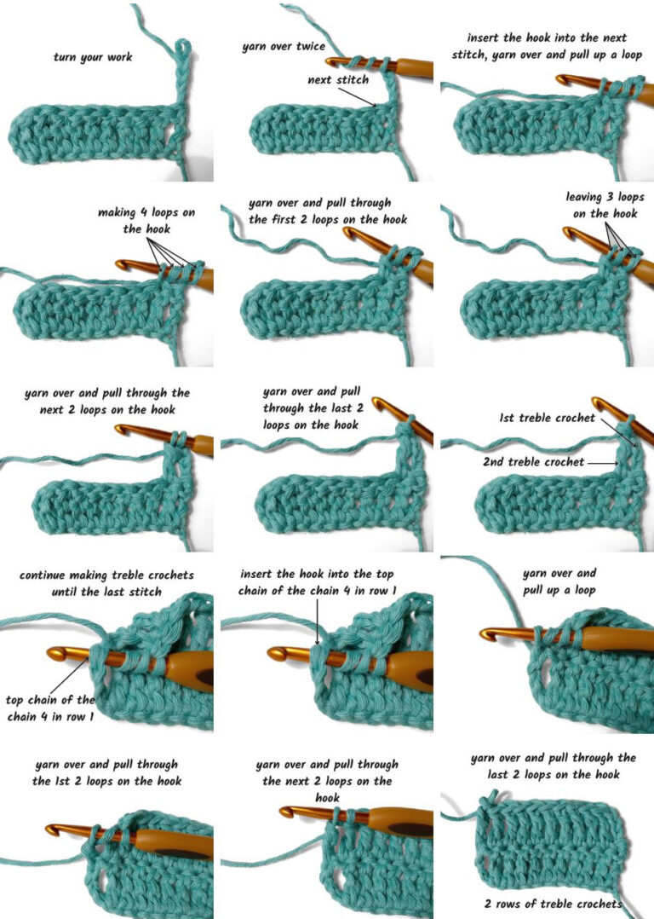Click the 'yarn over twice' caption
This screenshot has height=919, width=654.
(x=283, y=46)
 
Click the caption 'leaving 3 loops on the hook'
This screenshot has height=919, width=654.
(x=605, y=205)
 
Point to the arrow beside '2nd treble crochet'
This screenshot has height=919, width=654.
(x=604, y=462)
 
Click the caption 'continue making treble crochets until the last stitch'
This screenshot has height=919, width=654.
(x=106, y=583)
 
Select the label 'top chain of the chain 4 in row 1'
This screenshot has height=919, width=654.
(x=49, y=708)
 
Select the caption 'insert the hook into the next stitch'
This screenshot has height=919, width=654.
(x=547, y=46)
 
